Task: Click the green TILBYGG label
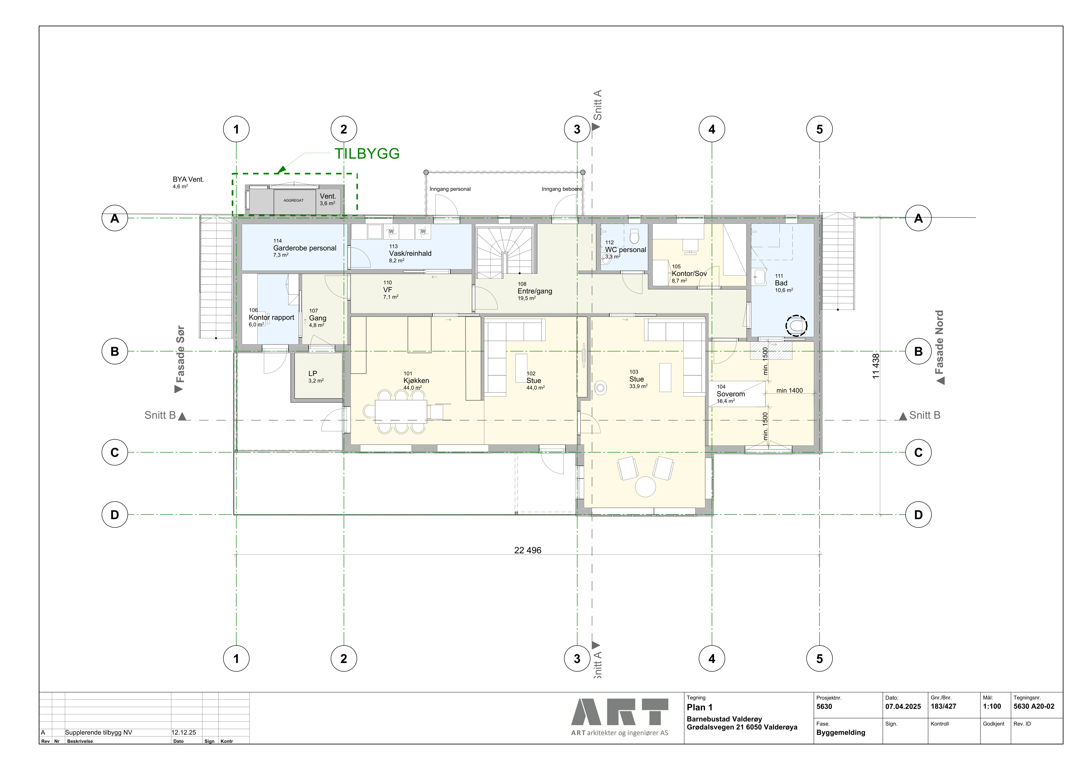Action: [367, 154]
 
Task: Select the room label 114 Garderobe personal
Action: [305, 248]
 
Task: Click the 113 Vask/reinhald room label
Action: [410, 253]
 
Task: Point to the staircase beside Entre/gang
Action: [506, 250]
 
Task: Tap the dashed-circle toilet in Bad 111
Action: [796, 326]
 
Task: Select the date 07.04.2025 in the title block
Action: [903, 706]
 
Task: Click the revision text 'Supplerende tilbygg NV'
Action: [99, 733]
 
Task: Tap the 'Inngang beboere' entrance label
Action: [562, 189]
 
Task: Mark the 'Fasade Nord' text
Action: [939, 342]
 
